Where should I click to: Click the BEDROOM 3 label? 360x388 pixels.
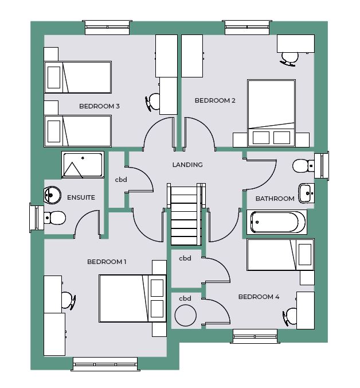99,106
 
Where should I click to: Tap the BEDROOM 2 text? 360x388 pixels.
215,100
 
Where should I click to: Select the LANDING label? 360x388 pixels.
187,165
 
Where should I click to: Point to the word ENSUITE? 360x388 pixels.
81,197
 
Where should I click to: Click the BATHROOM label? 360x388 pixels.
275,199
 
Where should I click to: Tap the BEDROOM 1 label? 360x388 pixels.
107,262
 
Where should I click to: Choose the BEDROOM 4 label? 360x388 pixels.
259,297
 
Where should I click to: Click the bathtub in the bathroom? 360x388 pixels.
277,222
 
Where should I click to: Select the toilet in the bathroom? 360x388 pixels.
303,166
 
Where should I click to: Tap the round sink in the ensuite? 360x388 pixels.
52,195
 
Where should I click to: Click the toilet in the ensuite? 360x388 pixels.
55,218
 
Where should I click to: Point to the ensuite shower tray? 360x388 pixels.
83,165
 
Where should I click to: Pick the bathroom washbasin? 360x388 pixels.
306,193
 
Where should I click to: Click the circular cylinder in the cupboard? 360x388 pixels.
186,316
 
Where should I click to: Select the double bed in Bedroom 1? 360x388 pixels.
132,298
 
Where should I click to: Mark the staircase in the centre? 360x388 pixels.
186,214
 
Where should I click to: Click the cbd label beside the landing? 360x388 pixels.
121,180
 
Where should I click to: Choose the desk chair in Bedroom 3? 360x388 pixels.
153,102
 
